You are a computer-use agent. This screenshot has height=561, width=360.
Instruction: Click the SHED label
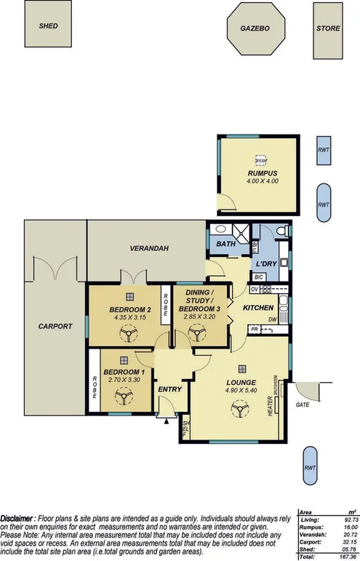pos(49,25)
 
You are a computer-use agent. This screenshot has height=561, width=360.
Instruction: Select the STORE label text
pos(328,28)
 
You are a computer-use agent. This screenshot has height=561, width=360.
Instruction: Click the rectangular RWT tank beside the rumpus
pos(323,151)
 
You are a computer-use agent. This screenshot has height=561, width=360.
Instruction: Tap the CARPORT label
pos(55,327)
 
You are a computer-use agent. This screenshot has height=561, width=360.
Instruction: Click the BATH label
pos(225,244)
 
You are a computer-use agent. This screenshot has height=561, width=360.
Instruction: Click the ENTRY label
pos(169,390)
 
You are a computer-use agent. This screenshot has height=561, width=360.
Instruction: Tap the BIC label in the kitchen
pos(258,277)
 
